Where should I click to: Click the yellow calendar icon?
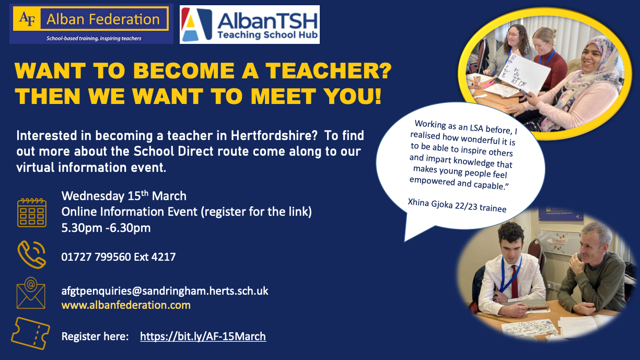[32, 213]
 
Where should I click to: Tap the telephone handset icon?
[31, 254]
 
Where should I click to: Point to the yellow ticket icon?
[31, 333]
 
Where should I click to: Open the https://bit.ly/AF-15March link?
[203, 336]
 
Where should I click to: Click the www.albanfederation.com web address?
[126, 305]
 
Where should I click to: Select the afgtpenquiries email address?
[165, 291]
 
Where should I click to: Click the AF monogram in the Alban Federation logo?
[27, 19]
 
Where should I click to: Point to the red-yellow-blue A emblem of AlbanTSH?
[196, 25]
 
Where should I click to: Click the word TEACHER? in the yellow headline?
[329, 71]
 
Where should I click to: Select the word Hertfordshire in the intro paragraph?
[274, 135]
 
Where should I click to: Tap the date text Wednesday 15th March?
[124, 196]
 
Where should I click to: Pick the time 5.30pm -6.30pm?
[106, 228]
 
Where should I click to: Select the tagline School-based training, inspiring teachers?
[94, 38]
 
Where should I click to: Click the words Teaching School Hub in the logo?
[267, 35]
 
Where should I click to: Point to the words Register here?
[95, 336]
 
